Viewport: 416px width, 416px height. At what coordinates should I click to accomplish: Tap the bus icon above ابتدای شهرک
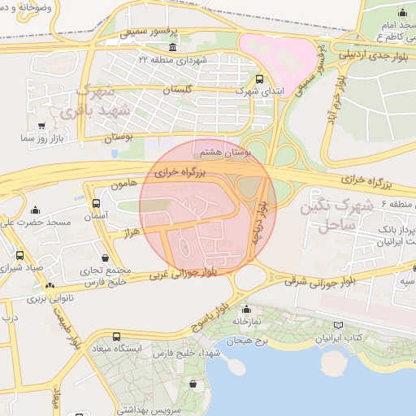(259, 80)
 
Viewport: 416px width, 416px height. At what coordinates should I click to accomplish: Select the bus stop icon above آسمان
(97, 203)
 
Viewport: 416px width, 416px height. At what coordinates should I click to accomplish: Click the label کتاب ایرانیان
(344, 336)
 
